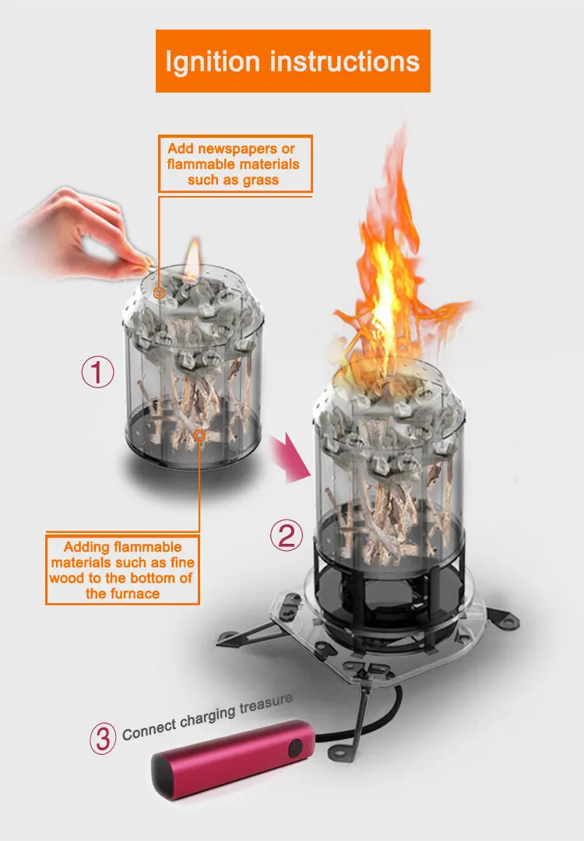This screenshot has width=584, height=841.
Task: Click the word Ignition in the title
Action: [213, 61]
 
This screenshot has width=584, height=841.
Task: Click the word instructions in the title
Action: [343, 61]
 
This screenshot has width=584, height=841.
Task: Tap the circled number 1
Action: [98, 373]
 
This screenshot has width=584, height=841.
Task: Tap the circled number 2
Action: [286, 535]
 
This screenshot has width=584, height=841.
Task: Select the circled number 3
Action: [103, 738]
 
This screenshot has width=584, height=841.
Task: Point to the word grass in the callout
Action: [260, 180]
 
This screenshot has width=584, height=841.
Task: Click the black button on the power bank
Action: [297, 749]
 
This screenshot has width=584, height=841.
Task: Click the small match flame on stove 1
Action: [192, 254]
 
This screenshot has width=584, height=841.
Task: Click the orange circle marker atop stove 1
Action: [160, 293]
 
